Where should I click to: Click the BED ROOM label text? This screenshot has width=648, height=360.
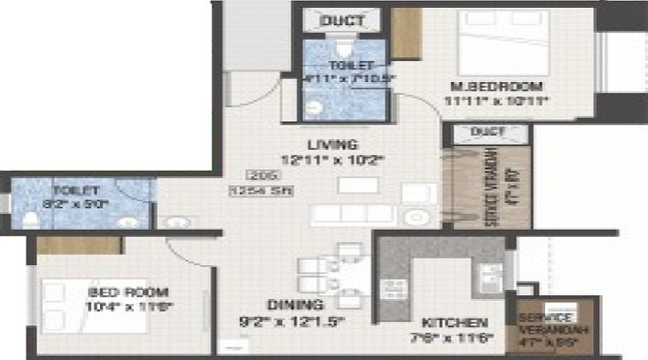(x=128, y=292)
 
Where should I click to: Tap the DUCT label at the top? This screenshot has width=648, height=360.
(x=342, y=20)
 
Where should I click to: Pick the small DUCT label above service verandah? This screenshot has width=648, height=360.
(x=488, y=132)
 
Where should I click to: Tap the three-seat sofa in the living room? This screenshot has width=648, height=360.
(x=353, y=214)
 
